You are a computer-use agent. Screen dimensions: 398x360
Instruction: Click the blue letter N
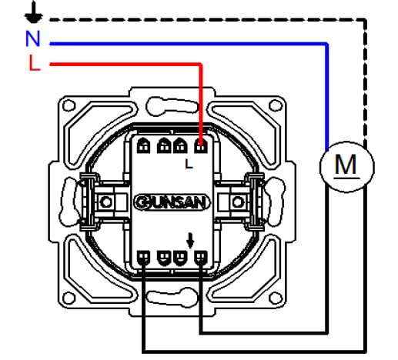(x=33, y=38)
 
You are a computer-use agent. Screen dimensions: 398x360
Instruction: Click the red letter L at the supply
(x=35, y=62)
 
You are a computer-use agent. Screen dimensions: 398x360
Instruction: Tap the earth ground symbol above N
(x=34, y=13)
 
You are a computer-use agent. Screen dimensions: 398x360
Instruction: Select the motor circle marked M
(x=347, y=167)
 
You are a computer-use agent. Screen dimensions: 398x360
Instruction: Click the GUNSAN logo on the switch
(x=172, y=202)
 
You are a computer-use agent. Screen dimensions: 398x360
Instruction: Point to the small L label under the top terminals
(x=189, y=164)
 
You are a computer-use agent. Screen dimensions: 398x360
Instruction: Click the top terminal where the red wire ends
(x=201, y=146)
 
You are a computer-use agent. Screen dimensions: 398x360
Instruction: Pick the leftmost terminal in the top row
(x=144, y=146)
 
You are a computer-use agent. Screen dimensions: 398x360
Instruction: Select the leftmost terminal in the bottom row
(x=144, y=258)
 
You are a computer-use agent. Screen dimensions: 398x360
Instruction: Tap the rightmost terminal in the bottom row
(x=201, y=258)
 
